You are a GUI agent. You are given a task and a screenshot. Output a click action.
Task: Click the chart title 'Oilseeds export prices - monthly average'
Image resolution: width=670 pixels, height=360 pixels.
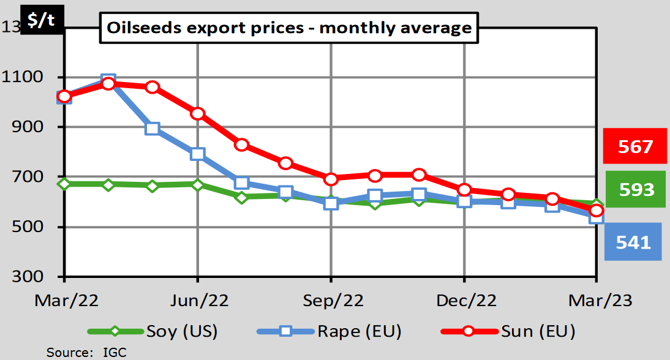click(x=289, y=28)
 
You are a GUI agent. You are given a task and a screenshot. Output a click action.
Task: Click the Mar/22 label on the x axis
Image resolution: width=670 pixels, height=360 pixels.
click(x=64, y=301)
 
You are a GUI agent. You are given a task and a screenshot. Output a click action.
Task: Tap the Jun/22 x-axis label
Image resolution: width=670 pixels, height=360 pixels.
click(x=197, y=301)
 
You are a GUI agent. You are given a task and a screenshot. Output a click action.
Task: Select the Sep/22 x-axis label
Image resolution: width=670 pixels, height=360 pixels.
click(x=331, y=301)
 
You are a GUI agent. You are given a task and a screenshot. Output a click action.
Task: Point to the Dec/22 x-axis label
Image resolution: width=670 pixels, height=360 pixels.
click(x=464, y=301)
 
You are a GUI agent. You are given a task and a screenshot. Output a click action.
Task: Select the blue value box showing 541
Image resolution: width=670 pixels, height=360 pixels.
click(x=633, y=242)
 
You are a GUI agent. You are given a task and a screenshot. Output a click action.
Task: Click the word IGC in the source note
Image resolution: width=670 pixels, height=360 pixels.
click(x=115, y=352)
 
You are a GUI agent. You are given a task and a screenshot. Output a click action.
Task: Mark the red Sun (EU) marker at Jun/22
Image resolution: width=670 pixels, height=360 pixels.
click(x=197, y=114)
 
